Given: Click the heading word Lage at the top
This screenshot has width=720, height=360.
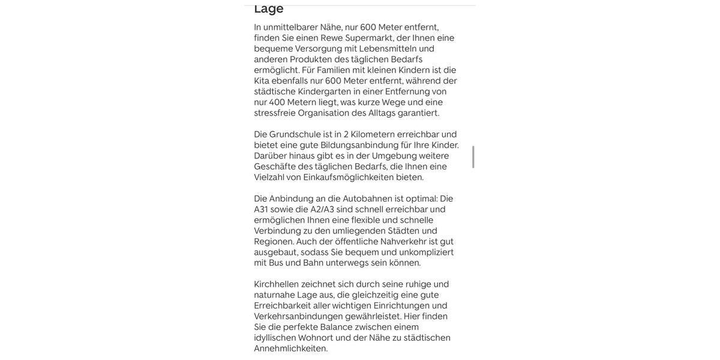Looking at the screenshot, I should (269, 8).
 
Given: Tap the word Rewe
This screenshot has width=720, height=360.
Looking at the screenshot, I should (332, 38).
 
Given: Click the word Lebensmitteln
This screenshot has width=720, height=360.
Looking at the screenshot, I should (388, 49).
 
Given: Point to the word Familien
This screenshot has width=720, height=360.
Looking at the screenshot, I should (334, 70).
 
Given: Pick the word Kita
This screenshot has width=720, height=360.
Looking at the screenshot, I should (262, 81).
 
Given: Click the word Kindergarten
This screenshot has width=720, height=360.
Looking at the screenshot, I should (325, 92).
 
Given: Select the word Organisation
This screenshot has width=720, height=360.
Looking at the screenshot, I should (323, 113).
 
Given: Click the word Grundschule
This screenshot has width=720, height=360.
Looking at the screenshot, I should (295, 134).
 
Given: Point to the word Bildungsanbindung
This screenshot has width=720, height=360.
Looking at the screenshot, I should (359, 145).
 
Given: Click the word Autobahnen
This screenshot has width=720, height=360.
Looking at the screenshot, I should (367, 199).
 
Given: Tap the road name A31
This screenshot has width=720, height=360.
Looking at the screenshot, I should (261, 209).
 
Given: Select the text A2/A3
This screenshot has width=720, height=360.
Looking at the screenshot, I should (322, 209).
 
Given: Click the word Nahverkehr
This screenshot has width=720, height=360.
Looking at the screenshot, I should (403, 242).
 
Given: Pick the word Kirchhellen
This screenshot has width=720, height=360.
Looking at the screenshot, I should (277, 284).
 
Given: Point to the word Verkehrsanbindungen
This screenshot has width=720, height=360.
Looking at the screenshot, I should (298, 316).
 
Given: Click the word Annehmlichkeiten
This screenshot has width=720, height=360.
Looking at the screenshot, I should (291, 349).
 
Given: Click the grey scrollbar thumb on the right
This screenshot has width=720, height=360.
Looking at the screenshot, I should (473, 157).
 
